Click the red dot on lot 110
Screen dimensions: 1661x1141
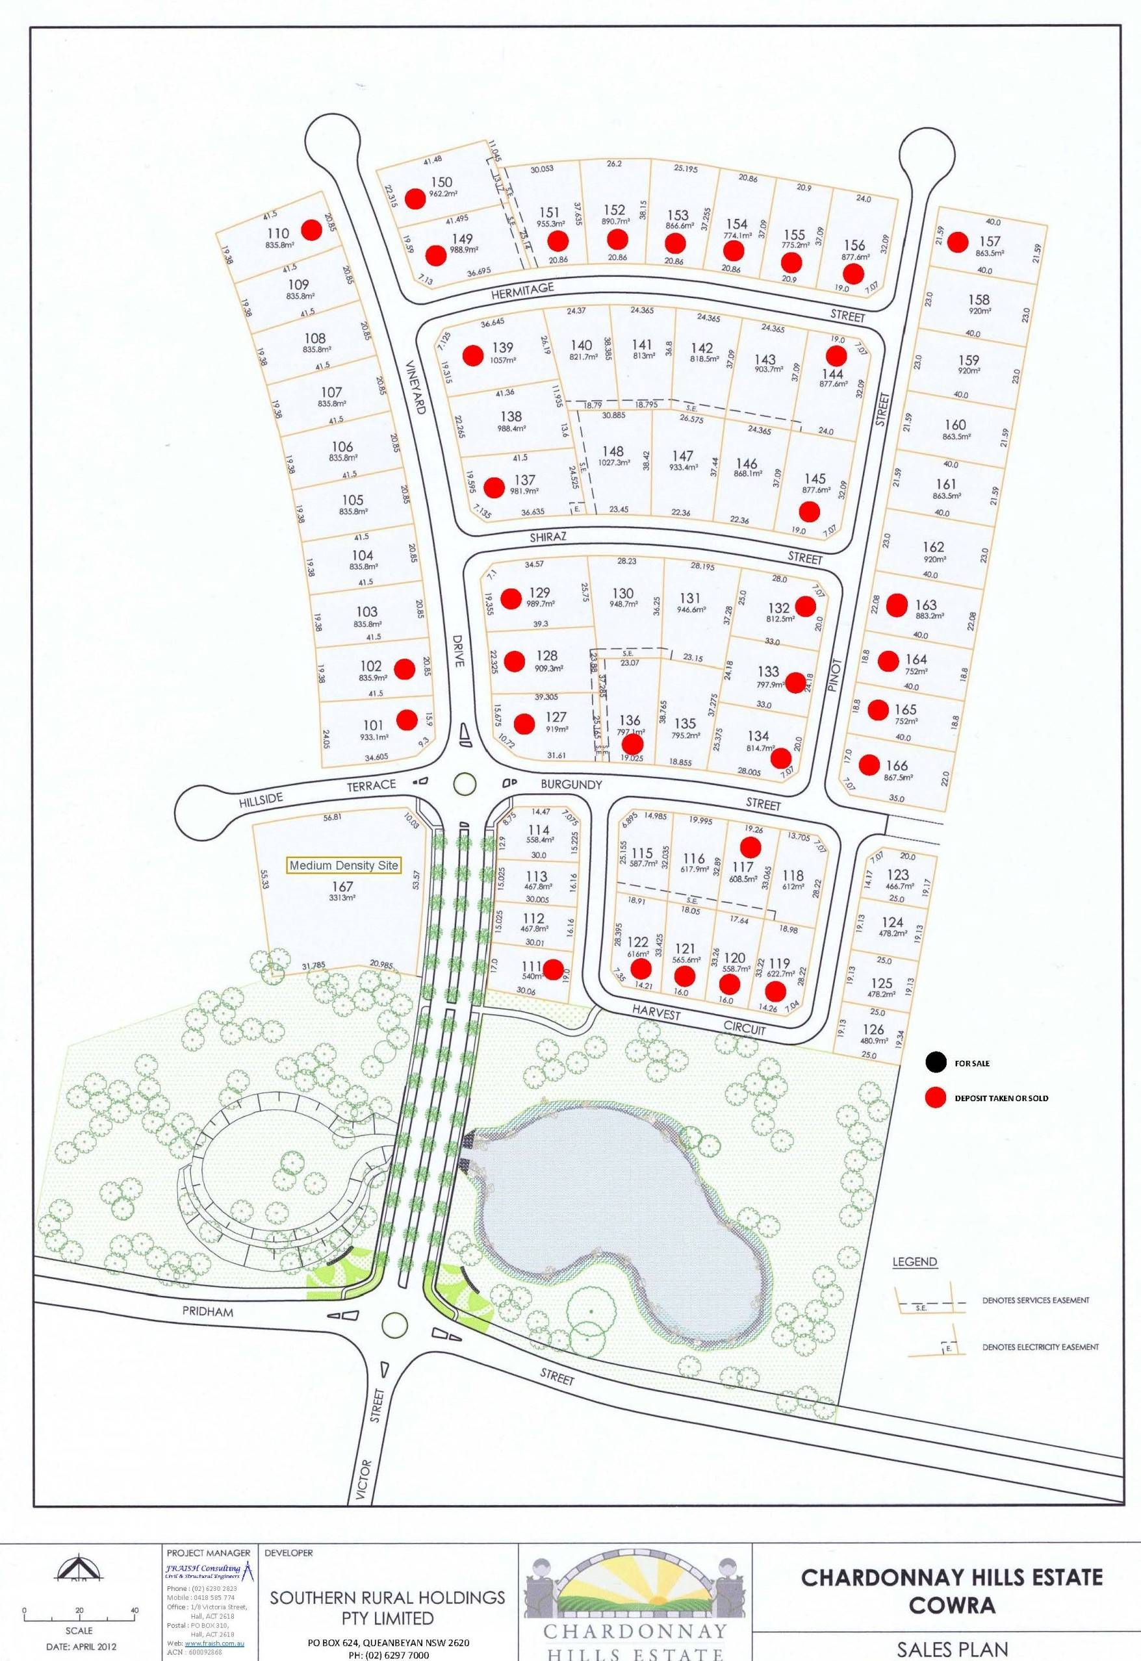point(311,229)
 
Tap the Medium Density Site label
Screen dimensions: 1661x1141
point(343,865)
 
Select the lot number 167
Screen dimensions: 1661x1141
point(343,886)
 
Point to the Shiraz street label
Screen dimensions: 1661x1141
point(548,537)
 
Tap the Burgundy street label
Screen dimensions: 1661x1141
point(571,784)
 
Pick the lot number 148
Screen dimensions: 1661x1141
point(613,451)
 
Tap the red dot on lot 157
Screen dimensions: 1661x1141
point(957,242)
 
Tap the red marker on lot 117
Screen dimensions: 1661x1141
point(750,847)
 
